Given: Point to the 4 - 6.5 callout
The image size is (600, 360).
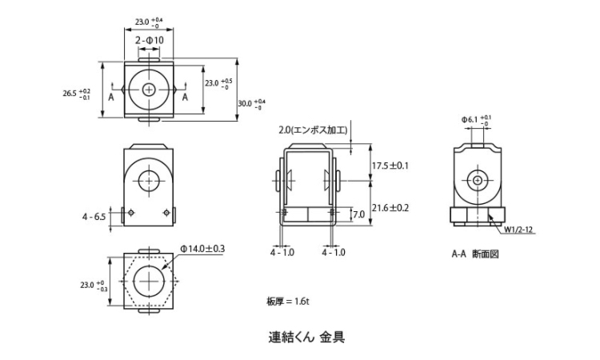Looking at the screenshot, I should click(94, 216).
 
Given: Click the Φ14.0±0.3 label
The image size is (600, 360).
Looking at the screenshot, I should click(202, 249).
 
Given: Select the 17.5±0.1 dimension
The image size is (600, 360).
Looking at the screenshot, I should click(391, 166).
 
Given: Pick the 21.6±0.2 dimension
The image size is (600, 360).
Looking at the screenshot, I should click(391, 207).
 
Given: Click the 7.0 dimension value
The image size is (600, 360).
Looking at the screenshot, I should click(358, 214).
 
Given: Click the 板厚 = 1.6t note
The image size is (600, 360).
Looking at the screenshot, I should click(288, 301).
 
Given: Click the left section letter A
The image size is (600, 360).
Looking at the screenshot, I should click(111, 97).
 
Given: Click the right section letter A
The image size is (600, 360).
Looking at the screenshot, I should click(185, 97).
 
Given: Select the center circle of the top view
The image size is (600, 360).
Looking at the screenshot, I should click(149, 90).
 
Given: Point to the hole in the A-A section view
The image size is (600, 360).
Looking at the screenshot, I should click(478, 181).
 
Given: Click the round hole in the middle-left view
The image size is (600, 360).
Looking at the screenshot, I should click(149, 182).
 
